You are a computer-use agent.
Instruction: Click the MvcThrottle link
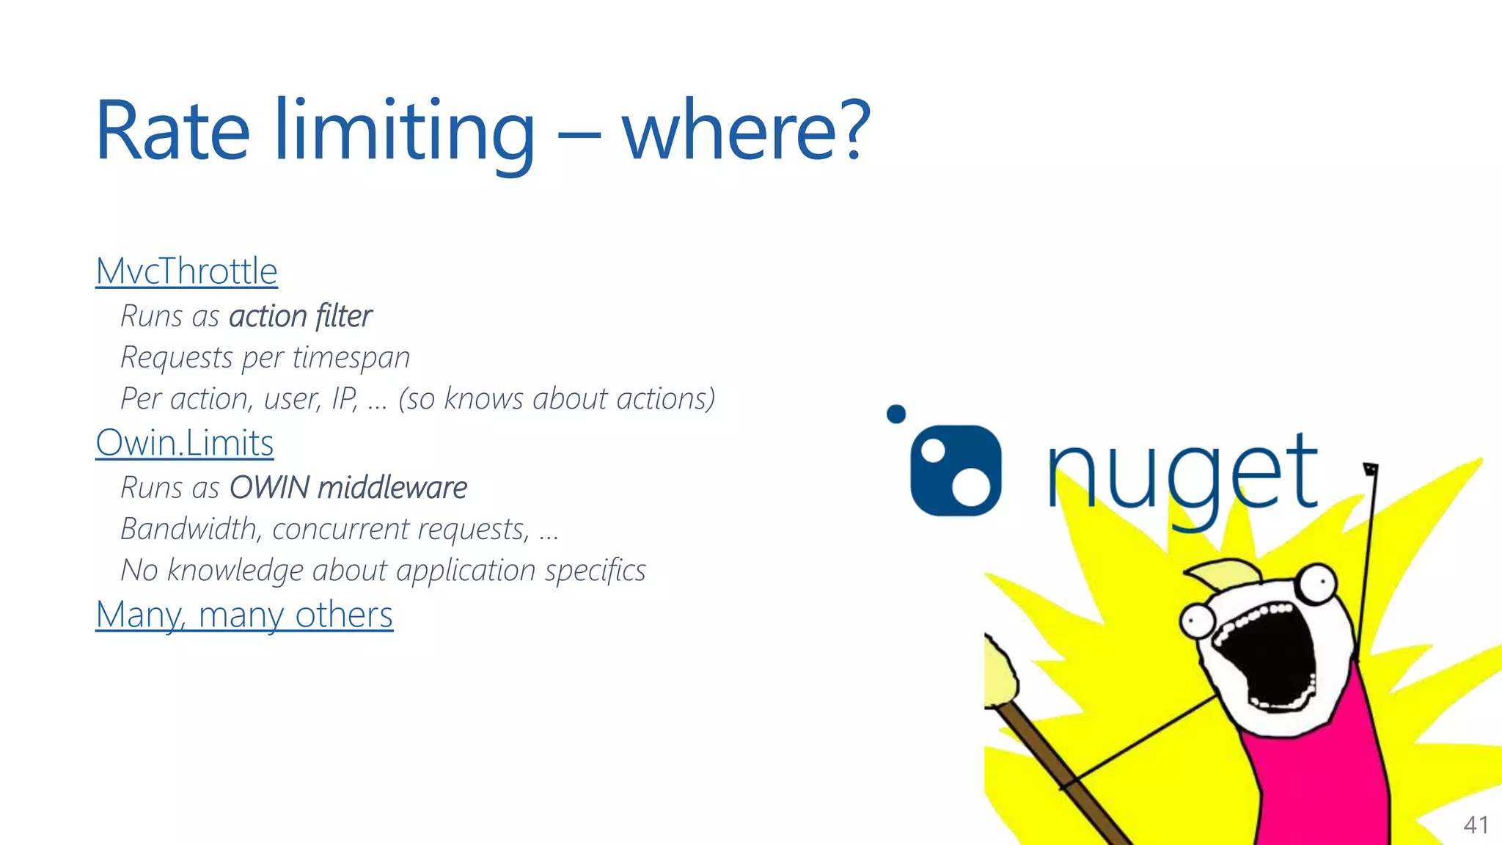(x=186, y=271)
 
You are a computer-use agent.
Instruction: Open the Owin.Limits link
(x=184, y=443)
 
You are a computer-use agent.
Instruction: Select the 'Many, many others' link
(x=244, y=615)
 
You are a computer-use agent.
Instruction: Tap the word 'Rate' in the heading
(x=173, y=131)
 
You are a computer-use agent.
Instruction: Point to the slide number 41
(x=1475, y=825)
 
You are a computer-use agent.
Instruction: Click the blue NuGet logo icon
(x=955, y=470)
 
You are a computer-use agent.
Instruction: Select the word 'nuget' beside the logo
(x=1182, y=473)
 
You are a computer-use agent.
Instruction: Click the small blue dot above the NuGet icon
(x=895, y=414)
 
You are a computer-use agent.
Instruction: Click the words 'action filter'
(x=300, y=317)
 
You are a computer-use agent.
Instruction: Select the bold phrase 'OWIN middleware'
(x=348, y=488)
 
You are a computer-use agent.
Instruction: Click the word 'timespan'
(x=351, y=358)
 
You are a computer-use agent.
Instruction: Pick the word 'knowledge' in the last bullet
(x=235, y=571)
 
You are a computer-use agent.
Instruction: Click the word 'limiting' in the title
(x=404, y=131)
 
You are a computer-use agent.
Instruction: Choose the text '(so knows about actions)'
(x=556, y=399)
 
